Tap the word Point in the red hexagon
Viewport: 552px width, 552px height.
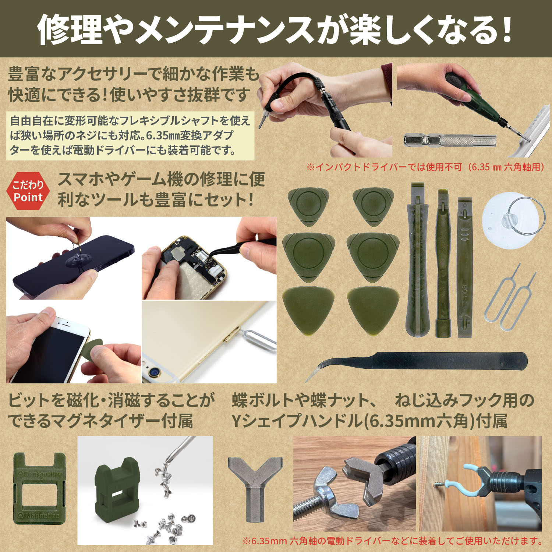28,198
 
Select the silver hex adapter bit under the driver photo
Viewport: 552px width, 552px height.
450,140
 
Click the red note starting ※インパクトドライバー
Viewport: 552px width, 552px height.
425,167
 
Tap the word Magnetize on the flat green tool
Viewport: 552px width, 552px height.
40,515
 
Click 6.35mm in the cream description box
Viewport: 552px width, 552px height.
163,136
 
